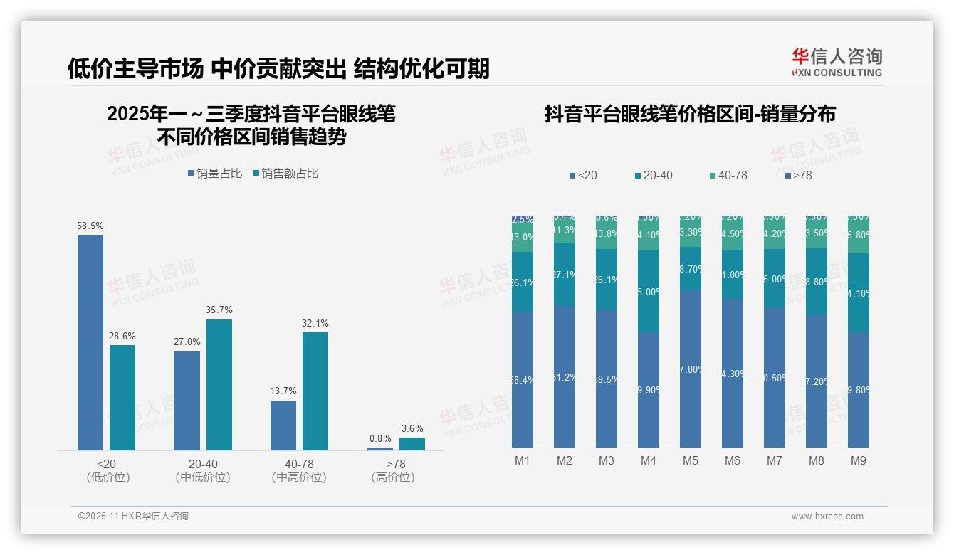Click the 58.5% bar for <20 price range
click(90, 342)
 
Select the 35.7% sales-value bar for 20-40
click(219, 384)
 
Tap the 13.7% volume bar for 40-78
click(283, 425)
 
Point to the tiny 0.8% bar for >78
click(380, 449)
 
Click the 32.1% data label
click(315, 323)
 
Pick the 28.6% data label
click(122, 336)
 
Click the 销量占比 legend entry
click(215, 173)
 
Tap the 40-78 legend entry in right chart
click(728, 175)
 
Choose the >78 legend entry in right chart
click(798, 175)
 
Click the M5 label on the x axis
click(691, 461)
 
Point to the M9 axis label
click(859, 461)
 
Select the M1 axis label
click(523, 461)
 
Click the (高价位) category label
click(393, 477)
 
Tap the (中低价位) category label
click(203, 477)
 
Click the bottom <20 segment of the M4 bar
click(649, 390)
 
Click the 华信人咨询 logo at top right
click(837, 62)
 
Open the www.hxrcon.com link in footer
click(827, 517)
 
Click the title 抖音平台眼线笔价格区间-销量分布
click(690, 114)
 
